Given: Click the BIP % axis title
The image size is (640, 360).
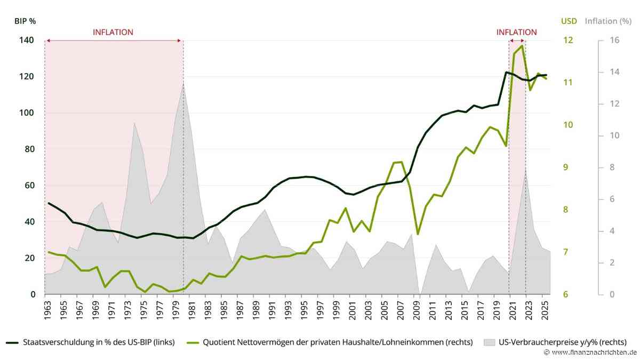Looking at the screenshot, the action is (25, 21).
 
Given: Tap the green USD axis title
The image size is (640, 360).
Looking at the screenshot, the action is (569, 21).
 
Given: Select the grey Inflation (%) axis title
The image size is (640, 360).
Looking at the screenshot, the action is (609, 21).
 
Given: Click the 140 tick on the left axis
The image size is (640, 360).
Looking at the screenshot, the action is (26, 40).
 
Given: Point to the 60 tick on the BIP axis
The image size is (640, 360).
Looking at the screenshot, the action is (29, 186).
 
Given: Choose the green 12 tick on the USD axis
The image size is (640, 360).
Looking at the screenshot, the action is (568, 40).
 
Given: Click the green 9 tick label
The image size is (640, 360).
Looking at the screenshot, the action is (565, 167).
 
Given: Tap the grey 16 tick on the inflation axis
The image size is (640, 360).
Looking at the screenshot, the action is (614, 40).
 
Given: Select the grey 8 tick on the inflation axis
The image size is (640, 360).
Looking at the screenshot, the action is (612, 167).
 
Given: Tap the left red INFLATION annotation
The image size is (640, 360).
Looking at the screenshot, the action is (113, 33).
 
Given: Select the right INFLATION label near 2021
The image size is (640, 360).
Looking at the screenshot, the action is (517, 33).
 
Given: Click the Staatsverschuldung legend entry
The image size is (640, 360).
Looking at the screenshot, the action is (90, 342).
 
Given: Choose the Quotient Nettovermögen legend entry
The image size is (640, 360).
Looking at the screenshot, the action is (330, 342).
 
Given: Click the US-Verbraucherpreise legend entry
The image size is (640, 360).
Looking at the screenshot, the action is (555, 342).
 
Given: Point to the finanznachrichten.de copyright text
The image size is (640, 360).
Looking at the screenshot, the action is (590, 353).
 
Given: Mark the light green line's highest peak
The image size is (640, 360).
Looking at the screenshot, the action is (522, 45).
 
